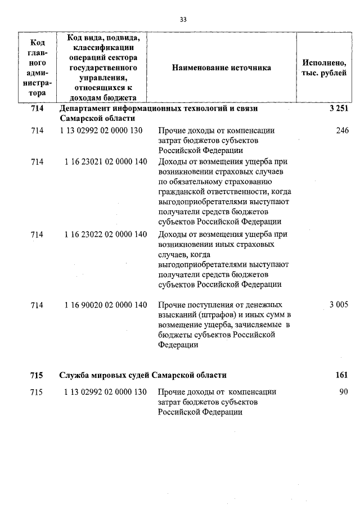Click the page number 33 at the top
[x=183, y=19]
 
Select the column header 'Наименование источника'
[x=221, y=67]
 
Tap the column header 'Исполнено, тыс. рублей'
[x=324, y=67]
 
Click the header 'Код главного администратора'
[x=37, y=67]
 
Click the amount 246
[x=342, y=130]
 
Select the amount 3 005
[x=339, y=305]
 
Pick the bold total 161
[x=341, y=375]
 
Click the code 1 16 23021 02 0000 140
[x=106, y=162]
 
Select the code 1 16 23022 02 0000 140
[x=106, y=235]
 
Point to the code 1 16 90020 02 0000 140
[x=106, y=305]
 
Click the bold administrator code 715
[x=37, y=375]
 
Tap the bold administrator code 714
[x=37, y=109]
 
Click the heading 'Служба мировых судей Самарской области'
[x=143, y=375]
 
